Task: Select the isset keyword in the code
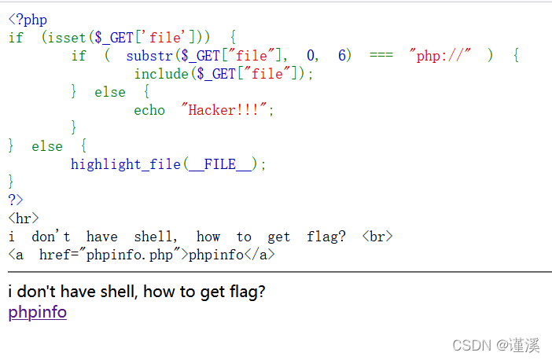[x=68, y=37]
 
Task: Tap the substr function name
[x=149, y=55]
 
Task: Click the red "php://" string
[x=440, y=55]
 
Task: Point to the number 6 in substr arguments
[x=342, y=55]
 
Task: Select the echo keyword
[x=149, y=110]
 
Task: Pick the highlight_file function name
[x=126, y=164]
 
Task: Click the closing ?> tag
[x=16, y=200]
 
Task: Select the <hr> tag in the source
[x=24, y=219]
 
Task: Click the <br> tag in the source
[x=377, y=237]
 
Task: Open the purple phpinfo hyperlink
[x=37, y=312]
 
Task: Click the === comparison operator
[x=381, y=55]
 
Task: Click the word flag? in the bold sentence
[x=247, y=292]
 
